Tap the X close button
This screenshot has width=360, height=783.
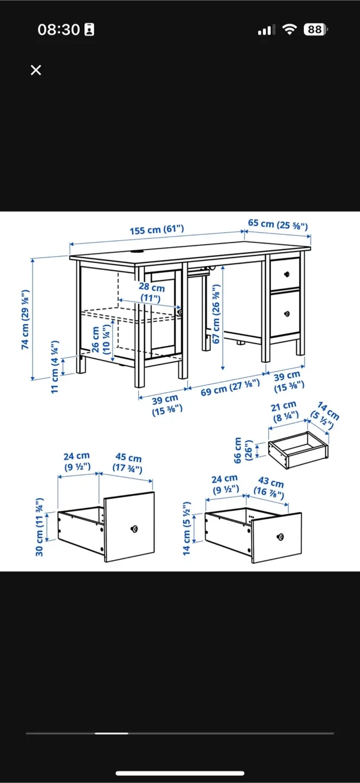(x=36, y=70)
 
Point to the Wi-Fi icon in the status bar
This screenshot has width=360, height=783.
(x=290, y=30)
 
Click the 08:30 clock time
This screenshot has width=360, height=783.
(x=59, y=30)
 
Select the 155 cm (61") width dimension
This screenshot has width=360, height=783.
(x=157, y=230)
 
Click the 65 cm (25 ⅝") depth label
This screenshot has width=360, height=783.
(x=278, y=223)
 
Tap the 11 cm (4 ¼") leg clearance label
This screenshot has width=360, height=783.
(x=54, y=367)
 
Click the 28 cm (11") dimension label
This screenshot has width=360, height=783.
(x=151, y=293)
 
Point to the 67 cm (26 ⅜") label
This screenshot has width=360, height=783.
(x=216, y=308)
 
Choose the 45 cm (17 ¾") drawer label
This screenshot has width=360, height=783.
(x=128, y=463)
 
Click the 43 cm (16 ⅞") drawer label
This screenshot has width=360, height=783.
(x=270, y=487)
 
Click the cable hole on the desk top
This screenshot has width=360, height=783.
(x=136, y=251)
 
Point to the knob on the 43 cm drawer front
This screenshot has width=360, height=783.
(x=280, y=537)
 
